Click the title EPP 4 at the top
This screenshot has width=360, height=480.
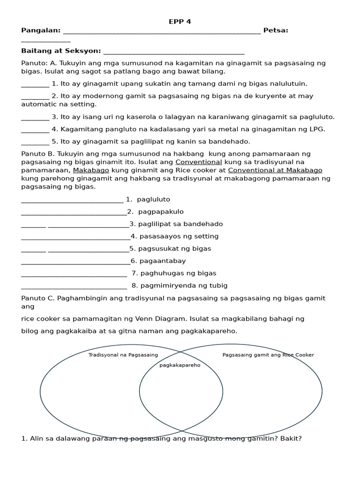[180, 22]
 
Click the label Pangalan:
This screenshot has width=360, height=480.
[41, 30]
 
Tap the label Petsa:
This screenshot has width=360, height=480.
[276, 30]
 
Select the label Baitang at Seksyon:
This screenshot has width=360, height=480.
[61, 51]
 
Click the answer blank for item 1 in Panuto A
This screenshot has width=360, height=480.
[35, 84]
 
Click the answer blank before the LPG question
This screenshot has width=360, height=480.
[35, 130]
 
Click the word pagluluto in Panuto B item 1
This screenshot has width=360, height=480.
[153, 200]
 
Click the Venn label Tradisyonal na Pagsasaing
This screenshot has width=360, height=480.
[123, 355]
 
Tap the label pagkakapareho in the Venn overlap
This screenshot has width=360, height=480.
[180, 365]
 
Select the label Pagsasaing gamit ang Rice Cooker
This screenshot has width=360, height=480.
[268, 355]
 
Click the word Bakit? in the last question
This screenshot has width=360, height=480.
[291, 439]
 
